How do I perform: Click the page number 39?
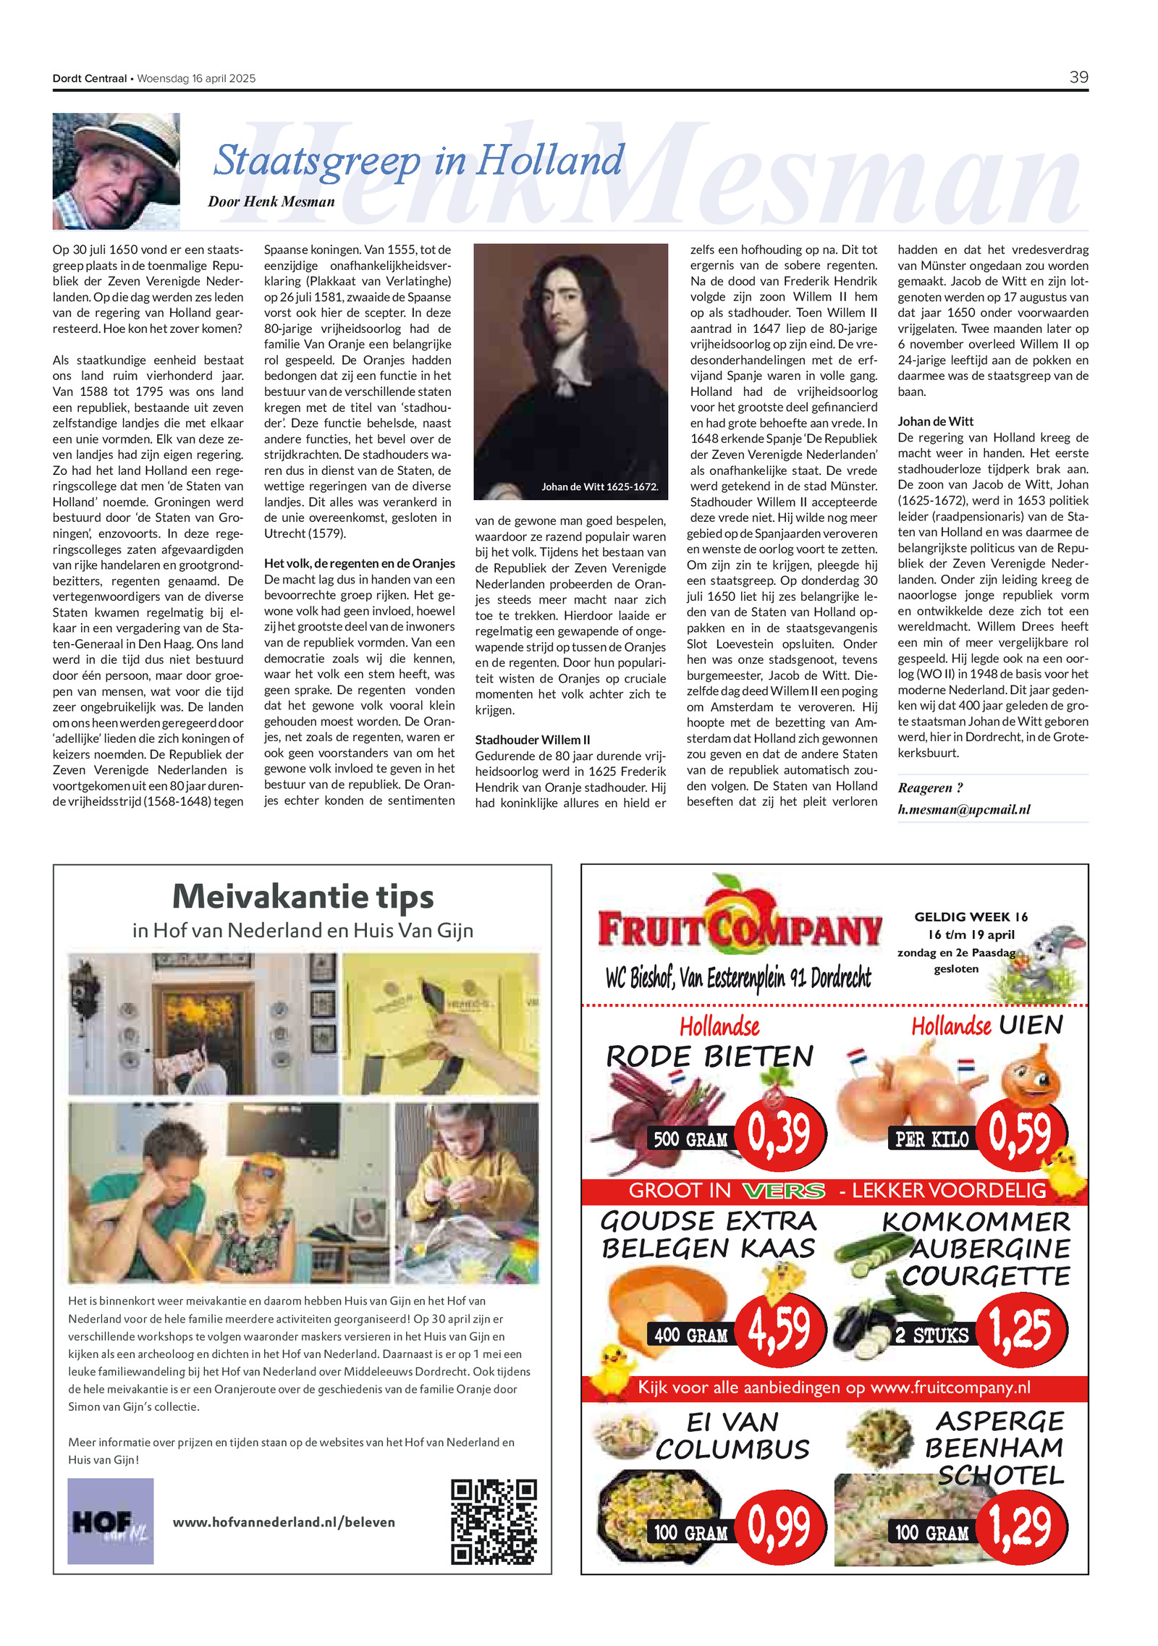point(1078,77)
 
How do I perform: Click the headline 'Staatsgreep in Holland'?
point(418,160)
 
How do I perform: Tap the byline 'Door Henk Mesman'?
point(271,202)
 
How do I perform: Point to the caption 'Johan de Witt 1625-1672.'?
point(599,486)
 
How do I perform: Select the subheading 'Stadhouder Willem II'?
point(532,740)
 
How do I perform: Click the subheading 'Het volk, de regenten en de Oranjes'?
point(359,563)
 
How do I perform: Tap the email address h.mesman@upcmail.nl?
point(963,809)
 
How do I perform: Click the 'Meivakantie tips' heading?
point(303,897)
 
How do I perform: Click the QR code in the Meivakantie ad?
point(494,1522)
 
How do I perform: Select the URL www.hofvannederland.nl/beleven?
point(284,1522)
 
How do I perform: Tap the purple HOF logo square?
point(110,1521)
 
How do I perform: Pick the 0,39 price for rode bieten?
point(779,1134)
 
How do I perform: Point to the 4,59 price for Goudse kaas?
point(779,1330)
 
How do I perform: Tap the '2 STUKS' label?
point(931,1335)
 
